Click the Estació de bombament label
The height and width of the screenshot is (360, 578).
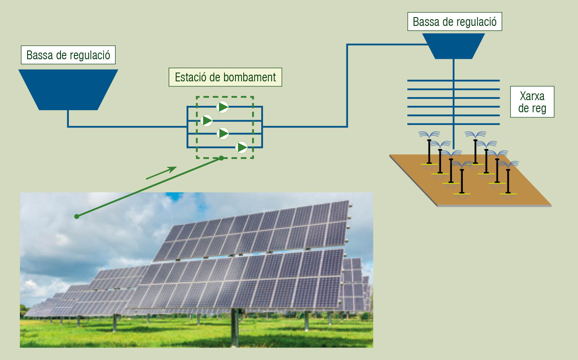click(225, 77)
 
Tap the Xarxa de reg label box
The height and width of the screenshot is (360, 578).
click(532, 102)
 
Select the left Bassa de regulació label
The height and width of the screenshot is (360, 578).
click(68, 55)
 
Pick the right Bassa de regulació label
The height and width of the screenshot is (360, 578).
click(454, 22)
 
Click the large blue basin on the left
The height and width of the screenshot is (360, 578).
click(68, 90)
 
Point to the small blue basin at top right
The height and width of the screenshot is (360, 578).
click(453, 46)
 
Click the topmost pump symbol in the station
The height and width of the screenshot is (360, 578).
click(222, 107)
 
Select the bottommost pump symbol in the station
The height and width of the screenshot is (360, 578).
click(242, 147)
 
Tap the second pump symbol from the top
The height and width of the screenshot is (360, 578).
click(207, 121)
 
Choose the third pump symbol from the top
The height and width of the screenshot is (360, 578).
click(223, 133)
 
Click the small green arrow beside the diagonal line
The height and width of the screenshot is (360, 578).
click(161, 173)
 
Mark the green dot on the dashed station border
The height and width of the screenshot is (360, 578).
click(221, 158)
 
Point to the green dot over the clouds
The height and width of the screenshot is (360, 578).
click(77, 217)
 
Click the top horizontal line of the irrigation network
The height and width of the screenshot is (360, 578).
click(453, 81)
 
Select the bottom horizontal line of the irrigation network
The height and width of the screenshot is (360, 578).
click(453, 124)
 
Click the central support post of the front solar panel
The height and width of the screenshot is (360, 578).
click(235, 327)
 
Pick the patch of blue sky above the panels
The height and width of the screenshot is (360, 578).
click(175, 196)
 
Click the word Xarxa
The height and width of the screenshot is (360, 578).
click(532, 96)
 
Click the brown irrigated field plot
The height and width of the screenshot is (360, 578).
click(470, 180)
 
